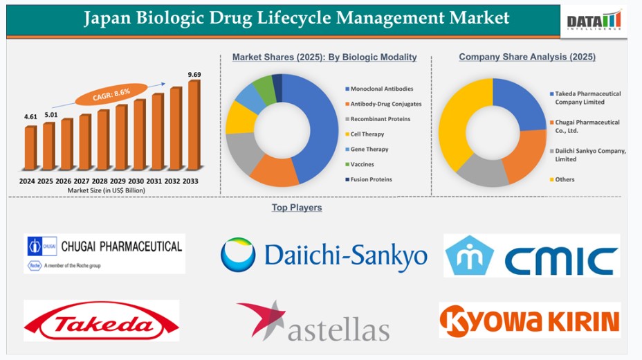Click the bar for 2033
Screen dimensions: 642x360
pos(194,125)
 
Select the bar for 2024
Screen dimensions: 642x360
pos(30,148)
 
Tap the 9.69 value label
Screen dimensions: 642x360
pos(194,75)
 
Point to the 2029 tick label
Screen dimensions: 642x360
pos(118,181)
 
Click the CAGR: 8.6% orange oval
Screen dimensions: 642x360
pos(111,95)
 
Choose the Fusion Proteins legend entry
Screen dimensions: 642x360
pos(369,179)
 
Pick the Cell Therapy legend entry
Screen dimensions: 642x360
pos(365,134)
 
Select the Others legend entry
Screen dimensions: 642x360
pos(562,179)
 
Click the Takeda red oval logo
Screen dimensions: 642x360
pos(102,321)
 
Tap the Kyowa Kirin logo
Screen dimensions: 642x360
pos(530,320)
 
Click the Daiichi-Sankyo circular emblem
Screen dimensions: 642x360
pos(238,254)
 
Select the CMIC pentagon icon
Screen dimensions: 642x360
pos(469,255)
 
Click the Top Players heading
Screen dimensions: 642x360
pos(297,208)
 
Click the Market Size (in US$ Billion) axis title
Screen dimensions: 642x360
pos(107,190)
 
